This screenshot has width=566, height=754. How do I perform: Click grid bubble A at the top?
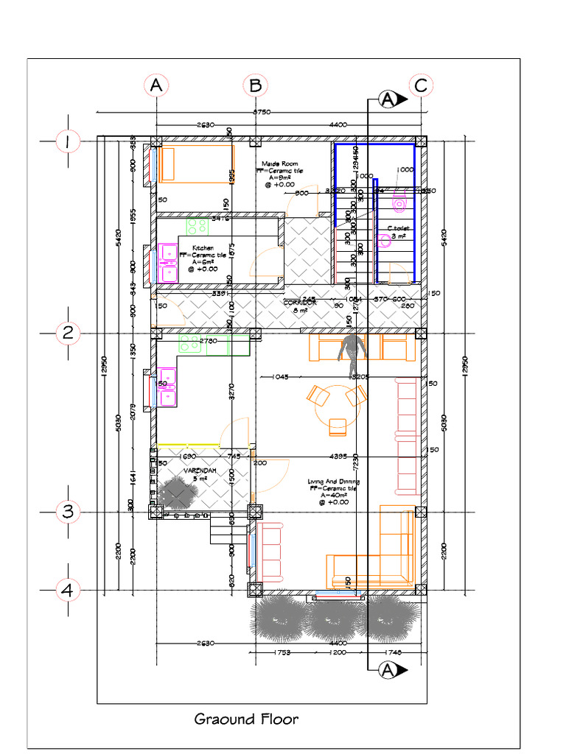(x=156, y=86)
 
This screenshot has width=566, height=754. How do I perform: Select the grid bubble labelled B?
(x=255, y=86)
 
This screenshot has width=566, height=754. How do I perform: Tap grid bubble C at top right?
(x=420, y=86)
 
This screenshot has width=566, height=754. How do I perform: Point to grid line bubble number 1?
(x=68, y=141)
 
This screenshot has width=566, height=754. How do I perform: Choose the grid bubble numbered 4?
(x=68, y=590)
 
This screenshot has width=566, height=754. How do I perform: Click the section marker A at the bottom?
(x=388, y=669)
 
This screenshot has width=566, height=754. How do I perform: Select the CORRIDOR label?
(x=300, y=303)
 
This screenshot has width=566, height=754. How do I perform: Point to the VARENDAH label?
(x=200, y=469)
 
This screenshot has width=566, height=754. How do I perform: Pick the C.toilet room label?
(x=398, y=228)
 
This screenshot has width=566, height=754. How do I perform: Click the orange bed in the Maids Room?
(x=195, y=163)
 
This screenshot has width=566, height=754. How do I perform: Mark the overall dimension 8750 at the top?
(x=262, y=112)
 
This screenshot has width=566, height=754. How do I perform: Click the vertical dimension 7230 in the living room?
(x=356, y=462)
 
